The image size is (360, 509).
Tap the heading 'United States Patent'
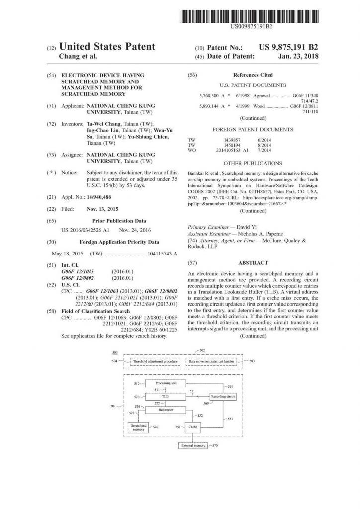click(x=107, y=47)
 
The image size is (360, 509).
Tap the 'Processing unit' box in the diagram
click(x=164, y=384)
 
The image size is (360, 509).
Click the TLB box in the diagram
click(x=164, y=397)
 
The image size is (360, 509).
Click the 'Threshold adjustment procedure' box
click(x=156, y=361)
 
